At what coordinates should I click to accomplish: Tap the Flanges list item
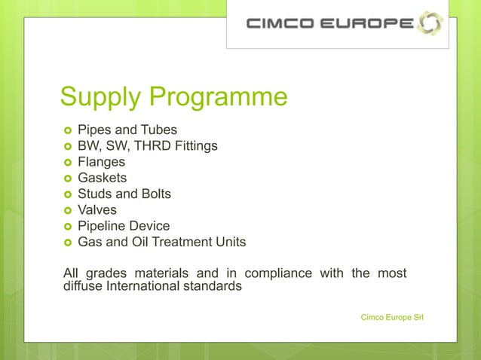(x=102, y=161)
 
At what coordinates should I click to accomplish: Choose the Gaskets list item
(x=103, y=178)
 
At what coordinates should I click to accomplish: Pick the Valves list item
(x=98, y=210)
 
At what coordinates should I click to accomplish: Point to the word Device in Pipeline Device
(x=149, y=226)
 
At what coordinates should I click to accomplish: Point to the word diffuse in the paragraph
(x=82, y=286)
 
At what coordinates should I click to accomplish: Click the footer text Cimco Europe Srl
(x=393, y=317)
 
